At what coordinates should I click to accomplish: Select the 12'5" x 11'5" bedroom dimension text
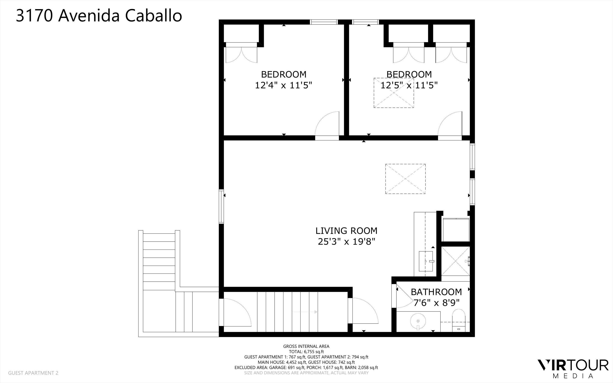coord(409,85)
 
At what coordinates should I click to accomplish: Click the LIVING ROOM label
coord(346,231)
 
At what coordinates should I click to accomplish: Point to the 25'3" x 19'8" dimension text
coord(346,242)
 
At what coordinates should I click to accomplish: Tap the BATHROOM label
coord(436,292)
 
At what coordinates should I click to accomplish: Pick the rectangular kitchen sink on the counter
coord(426,261)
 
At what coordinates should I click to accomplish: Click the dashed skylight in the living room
coord(405,179)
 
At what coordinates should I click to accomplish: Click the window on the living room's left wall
coord(221,206)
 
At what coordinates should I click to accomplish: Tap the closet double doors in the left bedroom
coord(241,54)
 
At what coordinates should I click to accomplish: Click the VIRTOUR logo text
coord(573,365)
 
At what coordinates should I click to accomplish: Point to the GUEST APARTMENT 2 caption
coord(33,373)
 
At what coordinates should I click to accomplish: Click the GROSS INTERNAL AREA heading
coord(306,346)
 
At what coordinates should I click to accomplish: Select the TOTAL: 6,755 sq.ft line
coord(306,352)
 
